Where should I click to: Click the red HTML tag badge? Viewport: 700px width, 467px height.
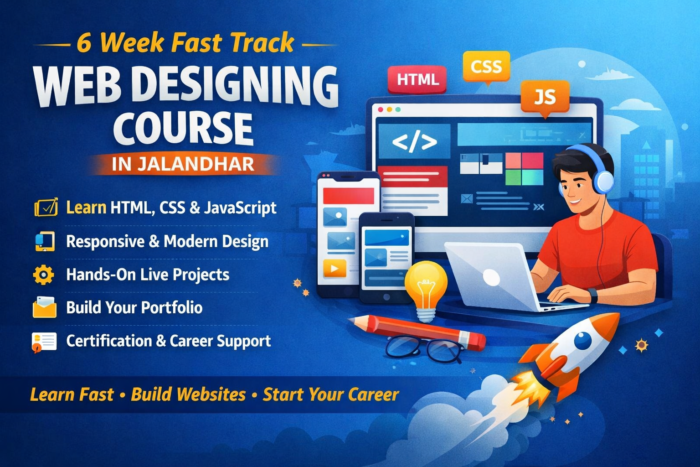click(x=417, y=79)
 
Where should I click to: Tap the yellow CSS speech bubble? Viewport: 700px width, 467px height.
click(x=486, y=67)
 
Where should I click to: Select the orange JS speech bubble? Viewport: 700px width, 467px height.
click(x=545, y=97)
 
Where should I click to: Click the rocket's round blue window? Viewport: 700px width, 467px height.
click(x=583, y=340)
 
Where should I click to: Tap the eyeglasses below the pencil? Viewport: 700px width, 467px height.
click(x=424, y=349)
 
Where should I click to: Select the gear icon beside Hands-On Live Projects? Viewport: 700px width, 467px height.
click(x=44, y=275)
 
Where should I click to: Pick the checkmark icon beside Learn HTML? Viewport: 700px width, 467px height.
click(x=46, y=208)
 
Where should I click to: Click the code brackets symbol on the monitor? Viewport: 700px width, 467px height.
click(x=414, y=142)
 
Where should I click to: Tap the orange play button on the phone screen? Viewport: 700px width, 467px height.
click(x=335, y=269)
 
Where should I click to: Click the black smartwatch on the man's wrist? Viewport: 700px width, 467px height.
click(x=592, y=295)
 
